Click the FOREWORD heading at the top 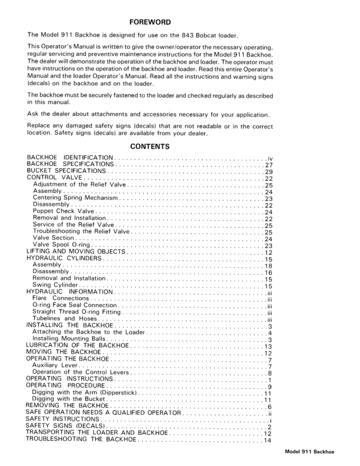[150, 22]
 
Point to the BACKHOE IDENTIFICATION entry [70, 158]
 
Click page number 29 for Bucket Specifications [268, 172]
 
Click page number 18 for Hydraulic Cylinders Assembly [268, 265]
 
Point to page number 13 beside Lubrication [268, 346]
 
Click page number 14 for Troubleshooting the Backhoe [268, 440]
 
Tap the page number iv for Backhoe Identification [269, 158]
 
